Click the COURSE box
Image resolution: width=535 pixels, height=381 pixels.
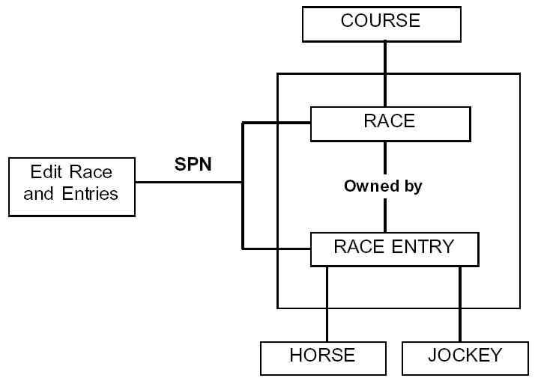[381, 22]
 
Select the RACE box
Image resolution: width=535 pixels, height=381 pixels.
[390, 124]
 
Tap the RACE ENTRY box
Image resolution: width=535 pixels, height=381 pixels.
[394, 249]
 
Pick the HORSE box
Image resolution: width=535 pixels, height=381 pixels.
[322, 357]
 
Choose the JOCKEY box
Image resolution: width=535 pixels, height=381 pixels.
[464, 357]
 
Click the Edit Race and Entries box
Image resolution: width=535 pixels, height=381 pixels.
[71, 186]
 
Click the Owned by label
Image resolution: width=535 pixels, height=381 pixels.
[383, 186]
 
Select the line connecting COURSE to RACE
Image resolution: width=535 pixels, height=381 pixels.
[385, 73]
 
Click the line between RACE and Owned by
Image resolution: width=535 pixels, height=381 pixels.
[385, 158]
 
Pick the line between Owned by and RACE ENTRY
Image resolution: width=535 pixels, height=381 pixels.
[385, 215]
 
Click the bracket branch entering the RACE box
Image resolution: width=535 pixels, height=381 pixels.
[277, 124]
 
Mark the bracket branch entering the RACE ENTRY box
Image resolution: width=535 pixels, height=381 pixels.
[277, 247]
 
